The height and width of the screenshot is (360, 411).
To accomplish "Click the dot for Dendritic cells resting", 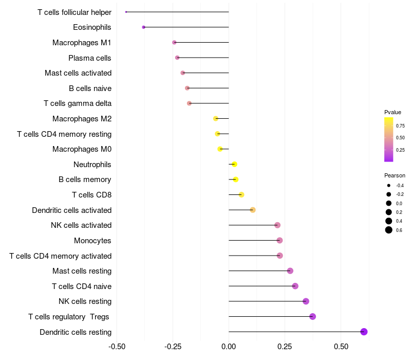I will [364, 332].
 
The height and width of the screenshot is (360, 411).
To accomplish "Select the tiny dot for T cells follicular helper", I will [126, 12].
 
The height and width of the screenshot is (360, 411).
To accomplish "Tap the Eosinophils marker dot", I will [143, 27].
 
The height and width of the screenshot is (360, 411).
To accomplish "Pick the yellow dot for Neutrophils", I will [234, 165].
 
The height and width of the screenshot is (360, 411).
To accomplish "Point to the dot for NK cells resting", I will [306, 301].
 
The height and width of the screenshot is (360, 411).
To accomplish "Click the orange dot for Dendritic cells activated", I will [253, 210].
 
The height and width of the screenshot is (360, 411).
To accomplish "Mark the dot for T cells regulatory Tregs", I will [312, 316].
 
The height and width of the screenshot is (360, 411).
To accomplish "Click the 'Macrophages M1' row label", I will [82, 43].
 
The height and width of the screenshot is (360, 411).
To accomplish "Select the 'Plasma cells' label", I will [90, 58].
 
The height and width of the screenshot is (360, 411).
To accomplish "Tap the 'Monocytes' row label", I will [92, 241].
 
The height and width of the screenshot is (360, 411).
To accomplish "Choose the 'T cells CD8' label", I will [91, 195].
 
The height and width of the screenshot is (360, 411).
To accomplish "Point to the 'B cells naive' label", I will [90, 88].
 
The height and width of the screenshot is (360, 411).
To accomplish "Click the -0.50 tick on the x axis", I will [117, 346].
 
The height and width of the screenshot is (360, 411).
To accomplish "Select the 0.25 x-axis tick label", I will [285, 346].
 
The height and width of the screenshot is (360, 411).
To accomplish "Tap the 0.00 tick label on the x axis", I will [229, 346].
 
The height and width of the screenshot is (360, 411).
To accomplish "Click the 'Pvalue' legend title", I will [393, 112].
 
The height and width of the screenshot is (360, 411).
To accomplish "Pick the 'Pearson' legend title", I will [395, 175].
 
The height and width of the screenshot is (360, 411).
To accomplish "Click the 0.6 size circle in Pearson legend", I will [389, 230].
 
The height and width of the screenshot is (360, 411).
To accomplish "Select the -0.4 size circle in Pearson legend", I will [389, 185].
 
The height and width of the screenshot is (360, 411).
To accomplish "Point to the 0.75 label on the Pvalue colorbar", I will [400, 125].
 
